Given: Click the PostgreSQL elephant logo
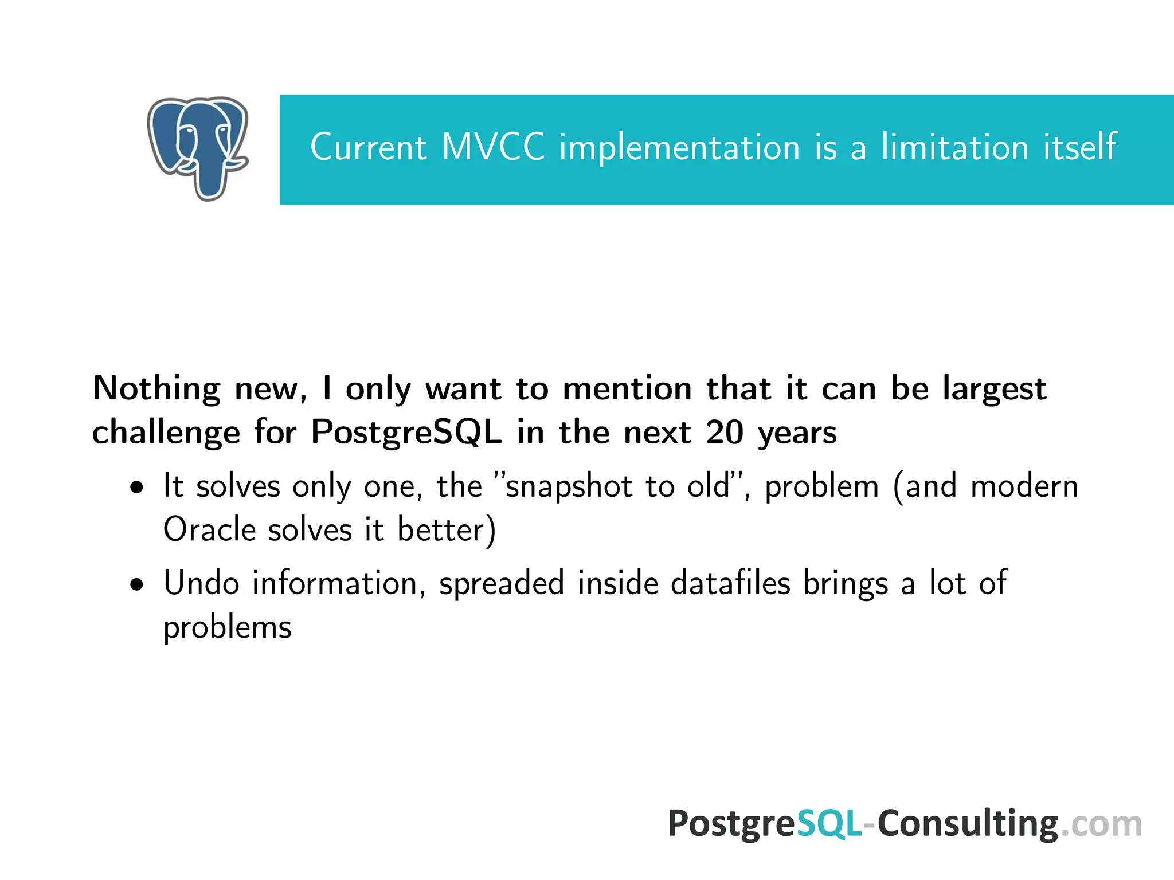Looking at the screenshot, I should (198, 148).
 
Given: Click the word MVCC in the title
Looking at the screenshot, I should (493, 147).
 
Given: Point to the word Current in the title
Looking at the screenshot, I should (369, 148).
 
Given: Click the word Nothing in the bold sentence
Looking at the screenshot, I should (156, 389).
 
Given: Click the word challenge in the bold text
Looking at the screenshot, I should (166, 433).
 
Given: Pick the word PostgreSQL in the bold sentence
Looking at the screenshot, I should (406, 433).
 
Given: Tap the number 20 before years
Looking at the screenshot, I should (725, 432).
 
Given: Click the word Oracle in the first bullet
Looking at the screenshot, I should (209, 529).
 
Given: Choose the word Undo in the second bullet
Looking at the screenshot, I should (201, 583).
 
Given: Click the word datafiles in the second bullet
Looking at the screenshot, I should (730, 583).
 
